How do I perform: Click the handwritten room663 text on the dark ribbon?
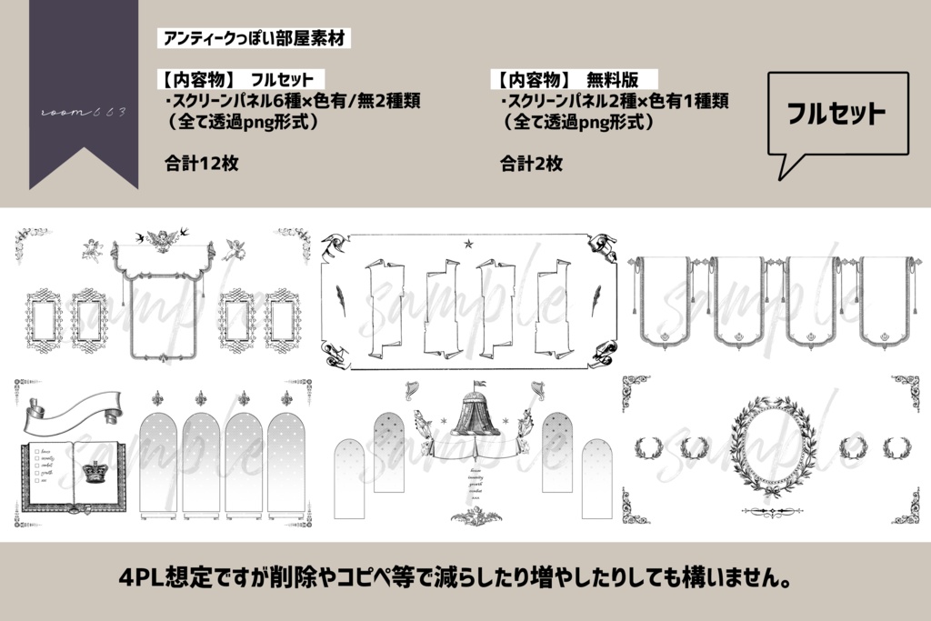click(x=84, y=111)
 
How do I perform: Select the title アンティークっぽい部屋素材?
click(x=254, y=39)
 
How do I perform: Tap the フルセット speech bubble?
click(x=836, y=114)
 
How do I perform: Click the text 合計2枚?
click(x=531, y=164)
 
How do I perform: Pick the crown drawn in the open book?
click(x=94, y=472)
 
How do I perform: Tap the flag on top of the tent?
click(x=479, y=382)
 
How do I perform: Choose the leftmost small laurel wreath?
click(x=649, y=447)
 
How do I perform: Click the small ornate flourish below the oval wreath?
click(x=775, y=514)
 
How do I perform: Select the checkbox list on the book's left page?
click(x=44, y=465)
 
